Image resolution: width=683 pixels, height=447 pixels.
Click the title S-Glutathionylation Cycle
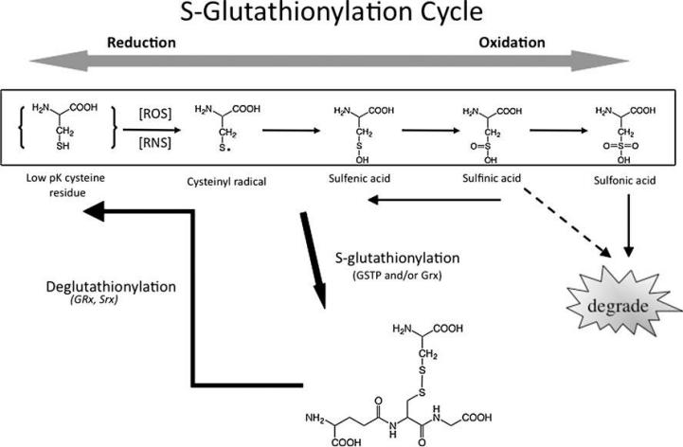[x=341, y=15]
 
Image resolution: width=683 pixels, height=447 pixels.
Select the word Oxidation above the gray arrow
[x=512, y=43]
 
